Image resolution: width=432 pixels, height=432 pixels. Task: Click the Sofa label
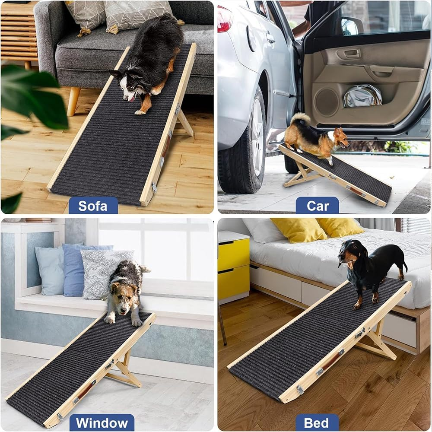click(93, 206)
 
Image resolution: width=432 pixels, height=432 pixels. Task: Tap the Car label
click(318, 206)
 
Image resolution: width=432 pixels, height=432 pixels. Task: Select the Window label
click(102, 422)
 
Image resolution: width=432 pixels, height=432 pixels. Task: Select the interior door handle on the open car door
click(352, 54)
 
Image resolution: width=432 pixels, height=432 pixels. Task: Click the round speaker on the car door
click(327, 102)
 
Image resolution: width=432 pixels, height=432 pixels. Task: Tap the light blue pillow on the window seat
click(50, 270)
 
